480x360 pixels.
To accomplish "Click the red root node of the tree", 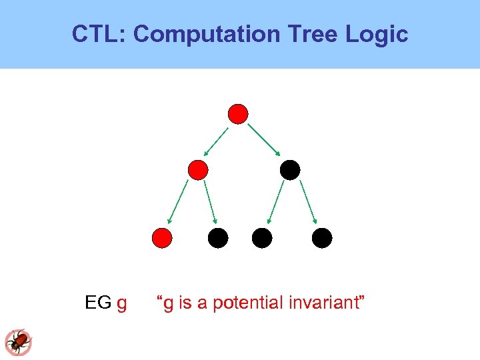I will click(x=238, y=114).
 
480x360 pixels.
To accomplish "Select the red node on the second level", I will click(x=198, y=170).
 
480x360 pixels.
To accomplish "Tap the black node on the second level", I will click(x=290, y=170).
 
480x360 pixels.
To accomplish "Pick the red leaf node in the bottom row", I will click(x=162, y=237).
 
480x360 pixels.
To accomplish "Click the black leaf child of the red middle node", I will click(x=218, y=237).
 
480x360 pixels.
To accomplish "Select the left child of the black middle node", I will click(x=262, y=237).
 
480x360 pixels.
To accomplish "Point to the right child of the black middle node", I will click(x=322, y=237).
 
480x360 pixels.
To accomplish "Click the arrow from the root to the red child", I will click(x=216, y=141).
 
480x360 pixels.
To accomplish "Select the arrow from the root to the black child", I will click(x=265, y=141).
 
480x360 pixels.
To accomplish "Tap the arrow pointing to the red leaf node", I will click(x=179, y=202).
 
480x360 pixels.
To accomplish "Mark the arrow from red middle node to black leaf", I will click(x=210, y=202).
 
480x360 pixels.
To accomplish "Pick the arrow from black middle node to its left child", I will click(x=275, y=202).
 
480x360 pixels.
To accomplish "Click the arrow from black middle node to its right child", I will click(x=308, y=202).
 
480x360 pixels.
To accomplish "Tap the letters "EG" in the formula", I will click(x=98, y=303).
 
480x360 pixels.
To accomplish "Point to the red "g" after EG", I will click(x=121, y=304).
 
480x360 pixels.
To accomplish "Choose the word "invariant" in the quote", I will click(x=324, y=303).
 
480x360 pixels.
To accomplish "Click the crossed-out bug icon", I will click(x=19, y=342).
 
